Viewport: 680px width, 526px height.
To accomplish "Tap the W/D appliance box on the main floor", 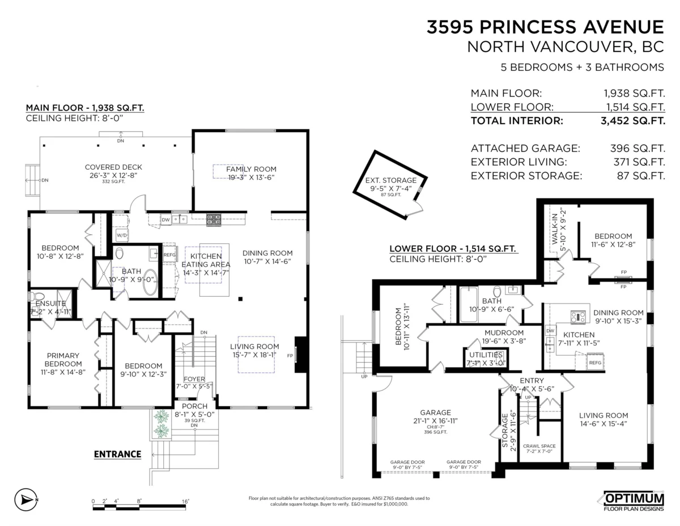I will pyautogui.click(x=122, y=234).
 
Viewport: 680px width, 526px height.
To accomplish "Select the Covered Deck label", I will pyautogui.click(x=113, y=167).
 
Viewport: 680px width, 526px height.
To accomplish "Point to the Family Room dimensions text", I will pyautogui.click(x=251, y=178).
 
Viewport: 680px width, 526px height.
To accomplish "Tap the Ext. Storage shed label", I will pyautogui.click(x=390, y=180).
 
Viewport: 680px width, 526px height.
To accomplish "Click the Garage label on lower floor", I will pyautogui.click(x=435, y=413).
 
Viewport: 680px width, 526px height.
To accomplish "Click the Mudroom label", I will pyautogui.click(x=504, y=333).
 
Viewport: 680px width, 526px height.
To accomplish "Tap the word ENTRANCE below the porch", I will pyautogui.click(x=117, y=454).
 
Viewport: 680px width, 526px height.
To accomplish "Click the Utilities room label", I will pyautogui.click(x=484, y=355).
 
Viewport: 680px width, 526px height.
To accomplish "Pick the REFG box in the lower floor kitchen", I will pyautogui.click(x=594, y=362).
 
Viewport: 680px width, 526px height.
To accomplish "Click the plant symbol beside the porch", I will pyautogui.click(x=161, y=423).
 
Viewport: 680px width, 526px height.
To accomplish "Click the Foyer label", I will pyautogui.click(x=194, y=380).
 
